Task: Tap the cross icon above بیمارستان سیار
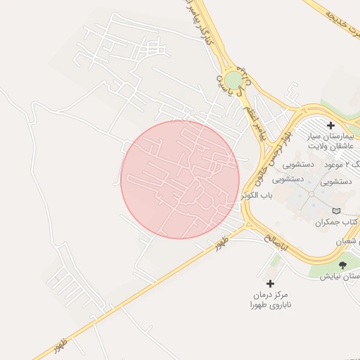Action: point(330,125)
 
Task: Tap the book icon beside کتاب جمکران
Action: point(335,211)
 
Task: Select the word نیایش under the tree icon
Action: point(331,276)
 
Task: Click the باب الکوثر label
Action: point(257,195)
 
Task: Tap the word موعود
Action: point(333,164)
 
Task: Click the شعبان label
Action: point(351,243)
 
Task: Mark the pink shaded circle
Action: point(180,179)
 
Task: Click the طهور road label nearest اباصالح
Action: point(219,241)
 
